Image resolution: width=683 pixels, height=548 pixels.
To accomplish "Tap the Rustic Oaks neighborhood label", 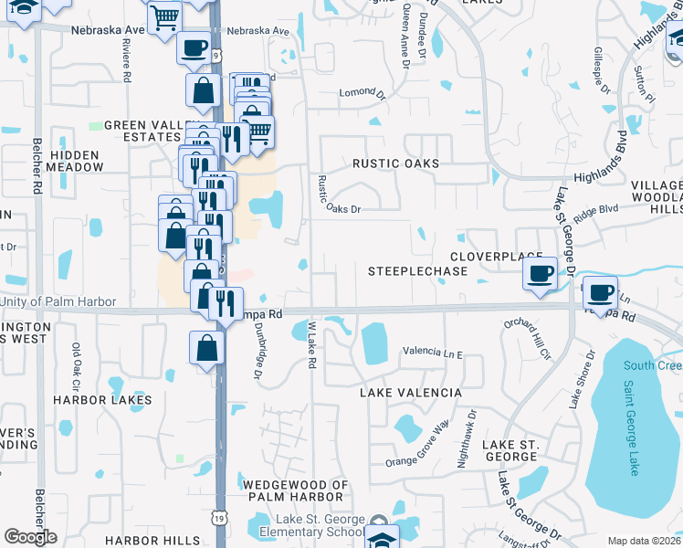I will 396,163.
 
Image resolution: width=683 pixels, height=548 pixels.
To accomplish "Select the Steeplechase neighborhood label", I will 417,271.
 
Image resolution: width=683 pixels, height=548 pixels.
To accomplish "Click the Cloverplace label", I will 494,257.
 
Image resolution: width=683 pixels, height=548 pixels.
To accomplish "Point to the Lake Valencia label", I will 411,392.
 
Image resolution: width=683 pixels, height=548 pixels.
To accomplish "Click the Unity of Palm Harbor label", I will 58,302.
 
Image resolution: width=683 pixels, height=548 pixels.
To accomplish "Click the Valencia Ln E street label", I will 433,353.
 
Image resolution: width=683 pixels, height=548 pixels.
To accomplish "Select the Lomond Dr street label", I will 358,92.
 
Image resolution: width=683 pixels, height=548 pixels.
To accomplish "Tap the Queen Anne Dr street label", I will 405,37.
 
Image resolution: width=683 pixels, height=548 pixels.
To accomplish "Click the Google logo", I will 30,537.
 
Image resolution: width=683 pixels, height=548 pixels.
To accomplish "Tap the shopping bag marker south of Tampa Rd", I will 207,347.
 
